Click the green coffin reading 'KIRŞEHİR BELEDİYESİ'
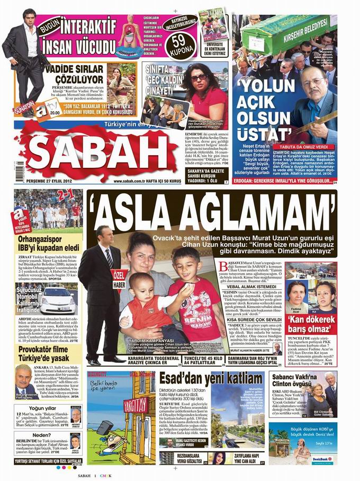point(293,29)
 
